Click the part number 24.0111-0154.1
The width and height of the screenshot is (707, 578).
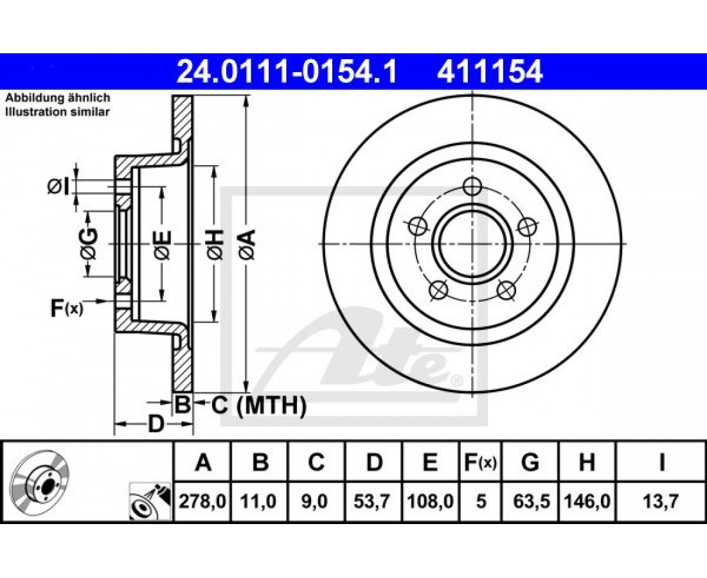coord(287,72)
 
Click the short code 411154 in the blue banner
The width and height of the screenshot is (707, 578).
coord(490,72)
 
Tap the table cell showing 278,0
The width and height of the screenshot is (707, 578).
coord(202,501)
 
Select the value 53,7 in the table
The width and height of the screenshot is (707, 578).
coord(374,501)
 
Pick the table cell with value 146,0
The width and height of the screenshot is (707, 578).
coord(587,501)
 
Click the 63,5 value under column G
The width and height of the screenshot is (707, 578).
coord(531,501)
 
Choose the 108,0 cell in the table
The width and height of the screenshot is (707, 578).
coord(430,501)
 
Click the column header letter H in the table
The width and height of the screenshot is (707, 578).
coord(587,462)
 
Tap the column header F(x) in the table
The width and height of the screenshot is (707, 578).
coord(480,462)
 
